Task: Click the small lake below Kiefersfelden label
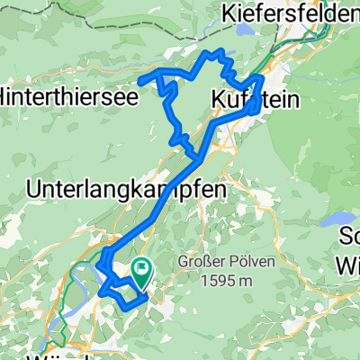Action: coord(241,52)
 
